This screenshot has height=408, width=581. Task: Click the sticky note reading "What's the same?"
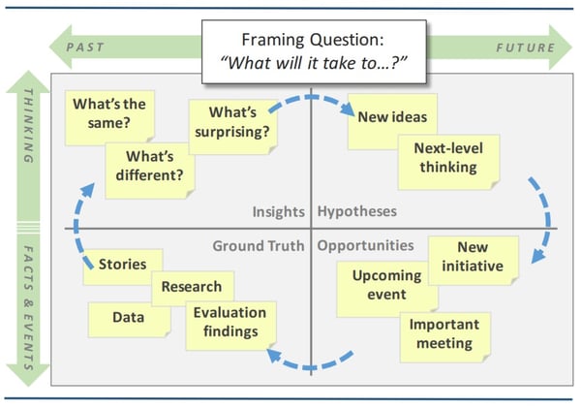101,113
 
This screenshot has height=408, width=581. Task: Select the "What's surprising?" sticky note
230,128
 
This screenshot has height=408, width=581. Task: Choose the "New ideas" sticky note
384,120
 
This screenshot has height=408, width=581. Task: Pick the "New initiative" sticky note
473,259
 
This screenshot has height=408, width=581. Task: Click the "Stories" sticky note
122,265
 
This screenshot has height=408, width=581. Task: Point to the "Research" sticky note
191,287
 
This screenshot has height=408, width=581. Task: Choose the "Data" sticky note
127,317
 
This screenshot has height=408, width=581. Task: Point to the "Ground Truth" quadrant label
259,245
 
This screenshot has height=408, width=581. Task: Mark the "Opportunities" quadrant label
365,245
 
